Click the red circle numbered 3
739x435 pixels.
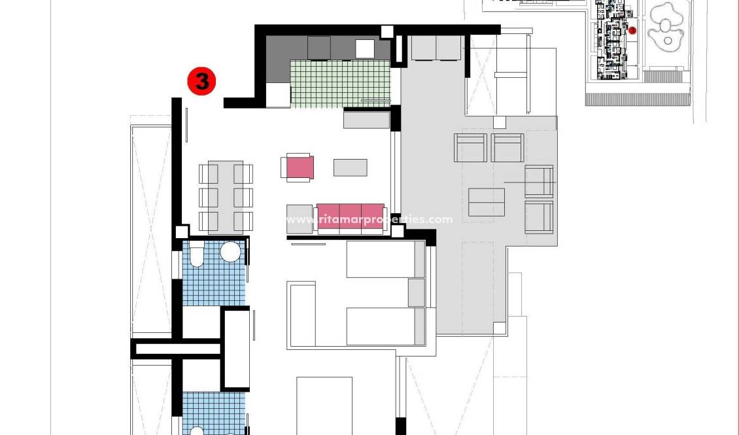[201, 81]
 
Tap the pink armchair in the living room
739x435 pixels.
[299, 167]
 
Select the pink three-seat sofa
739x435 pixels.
[350, 218]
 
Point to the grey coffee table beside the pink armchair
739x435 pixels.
[350, 167]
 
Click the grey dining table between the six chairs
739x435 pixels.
[226, 197]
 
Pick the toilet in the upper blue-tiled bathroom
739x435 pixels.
[197, 254]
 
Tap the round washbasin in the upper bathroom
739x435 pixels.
[230, 252]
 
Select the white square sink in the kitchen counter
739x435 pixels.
[365, 49]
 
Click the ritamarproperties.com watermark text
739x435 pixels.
[369, 220]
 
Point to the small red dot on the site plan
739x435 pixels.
[632, 30]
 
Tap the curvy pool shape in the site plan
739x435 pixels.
[666, 27]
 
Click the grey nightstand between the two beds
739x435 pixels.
[417, 292]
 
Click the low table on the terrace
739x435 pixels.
[487, 202]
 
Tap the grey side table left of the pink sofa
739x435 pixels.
[300, 219]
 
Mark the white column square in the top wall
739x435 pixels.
[387, 31]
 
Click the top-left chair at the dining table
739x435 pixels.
[209, 174]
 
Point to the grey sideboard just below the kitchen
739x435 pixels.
[366, 120]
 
